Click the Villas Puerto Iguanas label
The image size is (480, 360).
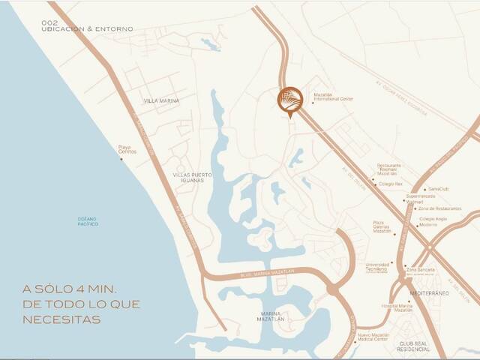[x=193, y=178]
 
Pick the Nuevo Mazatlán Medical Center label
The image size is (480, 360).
[x=372, y=337]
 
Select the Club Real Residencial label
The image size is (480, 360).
[x=413, y=346]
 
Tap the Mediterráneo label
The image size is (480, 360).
[x=430, y=293]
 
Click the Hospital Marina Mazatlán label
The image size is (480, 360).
[x=397, y=307]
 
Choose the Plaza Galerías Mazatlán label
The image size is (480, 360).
[x=383, y=227]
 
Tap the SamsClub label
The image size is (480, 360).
[x=437, y=189]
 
